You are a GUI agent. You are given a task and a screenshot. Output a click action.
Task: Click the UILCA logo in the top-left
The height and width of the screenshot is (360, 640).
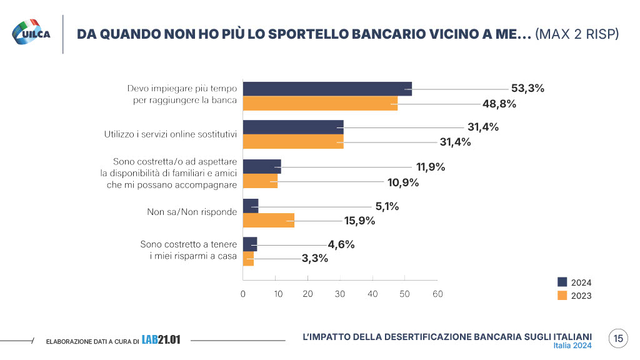pyautogui.click(x=32, y=32)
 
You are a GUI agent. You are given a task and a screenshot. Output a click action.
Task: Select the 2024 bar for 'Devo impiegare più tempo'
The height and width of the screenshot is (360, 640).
pyautogui.click(x=327, y=89)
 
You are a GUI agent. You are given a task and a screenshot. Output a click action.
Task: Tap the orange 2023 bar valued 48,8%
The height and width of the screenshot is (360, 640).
pyautogui.click(x=319, y=104)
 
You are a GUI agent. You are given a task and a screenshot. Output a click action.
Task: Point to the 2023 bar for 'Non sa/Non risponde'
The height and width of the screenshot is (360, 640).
pyautogui.click(x=268, y=220)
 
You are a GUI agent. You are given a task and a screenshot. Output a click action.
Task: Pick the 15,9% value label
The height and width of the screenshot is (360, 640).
pyautogui.click(x=359, y=220)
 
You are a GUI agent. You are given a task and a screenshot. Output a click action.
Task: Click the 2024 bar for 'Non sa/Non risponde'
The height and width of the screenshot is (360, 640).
pyautogui.click(x=250, y=206)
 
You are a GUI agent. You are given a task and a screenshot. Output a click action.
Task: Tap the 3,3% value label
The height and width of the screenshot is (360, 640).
pyautogui.click(x=314, y=259)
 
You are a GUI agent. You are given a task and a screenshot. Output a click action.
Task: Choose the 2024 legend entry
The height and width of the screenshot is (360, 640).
pyautogui.click(x=574, y=282)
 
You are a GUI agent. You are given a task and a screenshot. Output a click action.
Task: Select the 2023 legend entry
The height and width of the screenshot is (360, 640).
pyautogui.click(x=574, y=296)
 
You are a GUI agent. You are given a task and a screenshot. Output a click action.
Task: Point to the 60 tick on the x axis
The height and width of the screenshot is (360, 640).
pyautogui.click(x=437, y=294)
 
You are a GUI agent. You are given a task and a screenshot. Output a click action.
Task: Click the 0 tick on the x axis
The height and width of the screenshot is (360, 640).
pyautogui.click(x=242, y=294)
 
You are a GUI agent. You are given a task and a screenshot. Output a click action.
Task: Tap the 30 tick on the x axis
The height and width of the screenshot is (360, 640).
pyautogui.click(x=340, y=294)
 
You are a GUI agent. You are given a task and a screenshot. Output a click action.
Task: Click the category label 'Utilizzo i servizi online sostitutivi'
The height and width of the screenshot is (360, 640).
pyautogui.click(x=170, y=134)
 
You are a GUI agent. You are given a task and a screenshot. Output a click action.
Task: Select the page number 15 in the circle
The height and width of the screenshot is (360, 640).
pyautogui.click(x=618, y=339)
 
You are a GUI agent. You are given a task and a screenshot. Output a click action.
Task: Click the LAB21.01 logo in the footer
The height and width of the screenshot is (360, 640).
pyautogui.click(x=161, y=340)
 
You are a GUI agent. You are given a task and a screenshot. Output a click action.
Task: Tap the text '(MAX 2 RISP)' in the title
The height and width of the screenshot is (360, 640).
pyautogui.click(x=577, y=34)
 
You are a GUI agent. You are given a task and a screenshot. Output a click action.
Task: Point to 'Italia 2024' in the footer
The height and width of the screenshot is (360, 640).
pyautogui.click(x=572, y=346)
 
